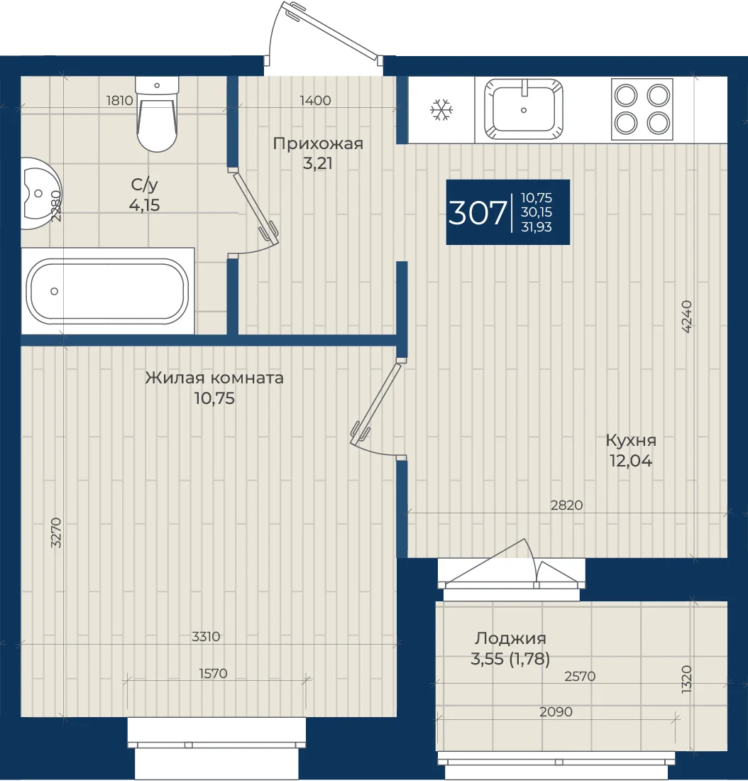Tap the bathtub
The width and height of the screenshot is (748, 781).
pos(107,291)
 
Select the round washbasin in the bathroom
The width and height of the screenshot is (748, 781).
pos(40,193)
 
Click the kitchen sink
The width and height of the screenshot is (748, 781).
pos(524,109)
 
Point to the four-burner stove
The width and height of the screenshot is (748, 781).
pos(642,109)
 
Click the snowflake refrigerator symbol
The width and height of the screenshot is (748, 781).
pos(441,109)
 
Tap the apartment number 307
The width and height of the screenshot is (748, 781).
pos(478,213)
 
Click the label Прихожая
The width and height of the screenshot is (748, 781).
pos(318,143)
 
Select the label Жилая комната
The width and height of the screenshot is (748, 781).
pos(214,378)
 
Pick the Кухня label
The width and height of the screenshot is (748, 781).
pos(631,440)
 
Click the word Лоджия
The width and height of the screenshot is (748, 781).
pos(510,638)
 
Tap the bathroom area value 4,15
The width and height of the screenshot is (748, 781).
pos(145,204)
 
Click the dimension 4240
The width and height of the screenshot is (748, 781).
pos(686,316)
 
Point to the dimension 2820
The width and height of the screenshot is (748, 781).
pos(567,505)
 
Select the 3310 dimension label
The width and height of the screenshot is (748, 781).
pos(206,636)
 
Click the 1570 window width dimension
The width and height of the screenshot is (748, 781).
pos(213,673)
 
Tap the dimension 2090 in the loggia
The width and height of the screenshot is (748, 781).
pos(556,711)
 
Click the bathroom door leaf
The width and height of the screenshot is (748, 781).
pos(255,207)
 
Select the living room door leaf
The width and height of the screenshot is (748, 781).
pos(376,403)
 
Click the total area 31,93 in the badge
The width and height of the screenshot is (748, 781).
pos(537,226)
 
